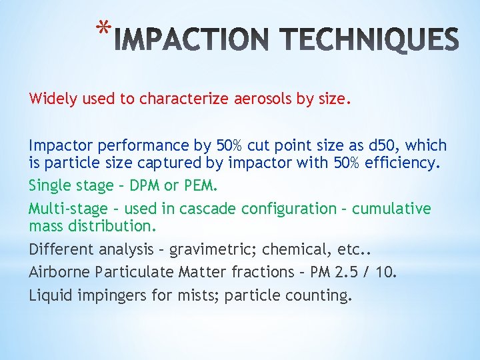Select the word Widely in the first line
(x=51, y=99)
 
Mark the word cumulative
(x=391, y=209)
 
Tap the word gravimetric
(x=212, y=249)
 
